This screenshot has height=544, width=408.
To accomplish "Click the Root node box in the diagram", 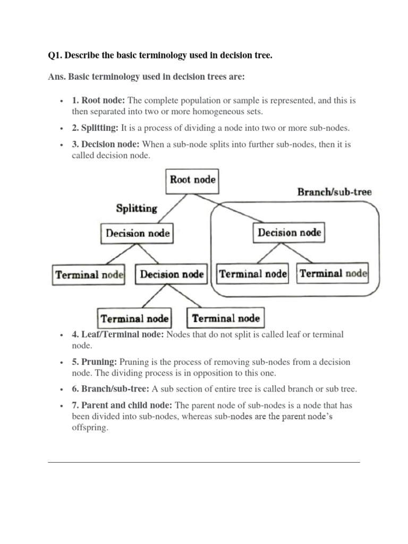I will click(192, 180).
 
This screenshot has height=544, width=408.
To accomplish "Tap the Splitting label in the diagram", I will click(137, 208).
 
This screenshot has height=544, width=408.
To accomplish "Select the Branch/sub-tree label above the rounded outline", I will click(334, 192).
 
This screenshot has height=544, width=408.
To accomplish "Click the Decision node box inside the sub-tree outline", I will click(289, 233).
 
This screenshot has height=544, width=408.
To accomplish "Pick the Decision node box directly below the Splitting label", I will click(138, 233).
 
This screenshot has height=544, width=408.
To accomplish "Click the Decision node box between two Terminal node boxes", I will click(171, 275).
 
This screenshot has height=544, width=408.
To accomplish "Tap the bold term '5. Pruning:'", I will click(95, 362).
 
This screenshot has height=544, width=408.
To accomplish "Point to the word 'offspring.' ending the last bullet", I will click(90, 428).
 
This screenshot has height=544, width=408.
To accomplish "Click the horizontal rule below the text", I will click(204, 462).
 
